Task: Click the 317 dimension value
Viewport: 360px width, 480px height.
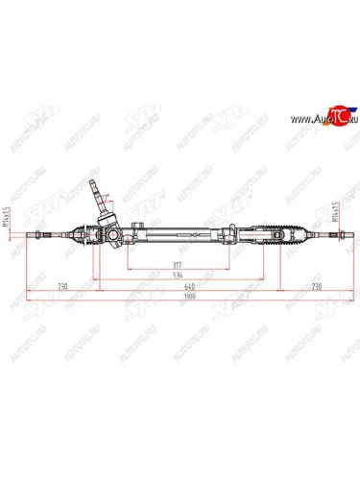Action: pyautogui.click(x=174, y=264)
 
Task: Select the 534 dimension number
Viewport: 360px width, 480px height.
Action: pyautogui.click(x=176, y=276)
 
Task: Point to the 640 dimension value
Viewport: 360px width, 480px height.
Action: pyautogui.click(x=190, y=287)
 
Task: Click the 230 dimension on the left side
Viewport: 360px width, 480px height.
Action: pyautogui.click(x=62, y=287)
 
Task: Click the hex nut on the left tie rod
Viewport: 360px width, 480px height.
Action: pyautogui.click(x=44, y=233)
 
